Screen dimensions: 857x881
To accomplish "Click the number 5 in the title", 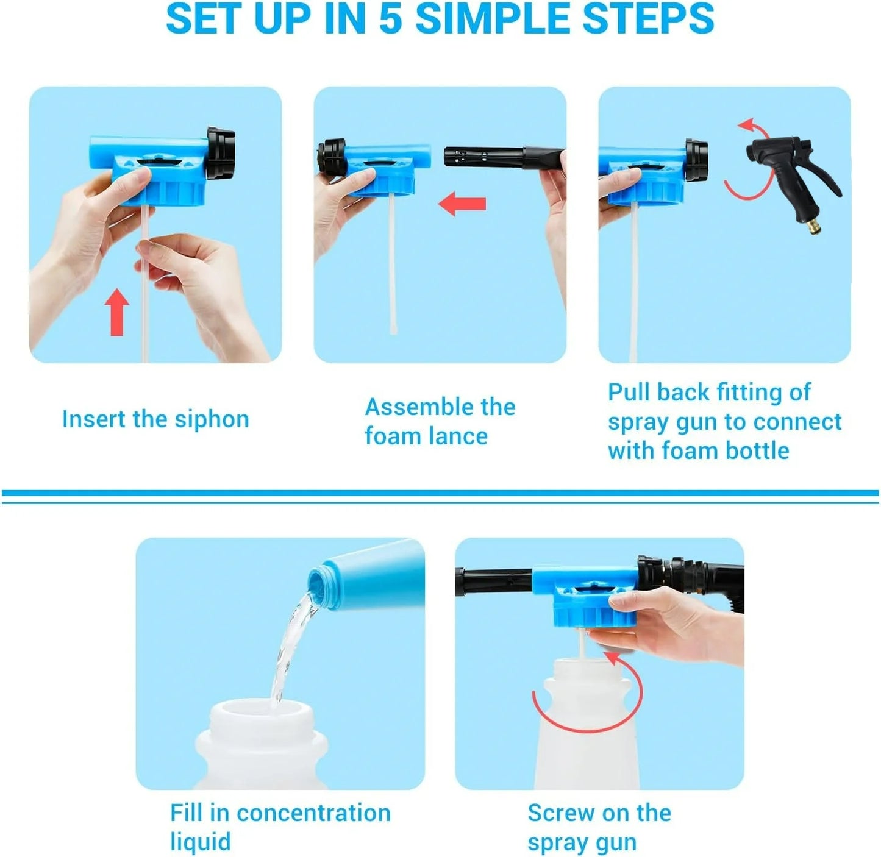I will [x=391, y=19].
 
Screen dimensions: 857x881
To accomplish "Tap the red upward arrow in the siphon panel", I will [x=117, y=312].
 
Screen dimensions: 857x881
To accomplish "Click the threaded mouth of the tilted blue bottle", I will [x=321, y=586].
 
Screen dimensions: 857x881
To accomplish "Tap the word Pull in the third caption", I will [x=629, y=393].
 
